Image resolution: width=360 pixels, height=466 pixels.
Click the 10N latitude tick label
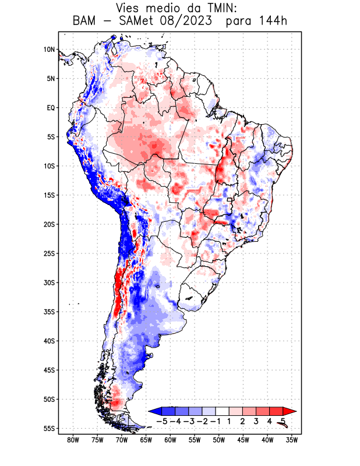(x=49, y=50)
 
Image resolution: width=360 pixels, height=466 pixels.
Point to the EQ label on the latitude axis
(x=51, y=108)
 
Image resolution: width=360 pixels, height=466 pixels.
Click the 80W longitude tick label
(x=73, y=440)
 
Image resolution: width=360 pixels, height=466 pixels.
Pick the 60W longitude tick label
(x=170, y=440)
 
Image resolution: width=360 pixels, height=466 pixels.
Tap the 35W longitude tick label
(x=292, y=440)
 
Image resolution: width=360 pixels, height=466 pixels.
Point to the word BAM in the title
(x=85, y=22)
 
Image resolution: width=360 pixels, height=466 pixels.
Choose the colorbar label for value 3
(x=256, y=421)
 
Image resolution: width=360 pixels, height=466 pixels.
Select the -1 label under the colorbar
(x=215, y=421)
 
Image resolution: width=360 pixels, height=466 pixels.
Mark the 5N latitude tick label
(x=50, y=79)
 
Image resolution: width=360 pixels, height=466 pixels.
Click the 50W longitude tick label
(x=219, y=440)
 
